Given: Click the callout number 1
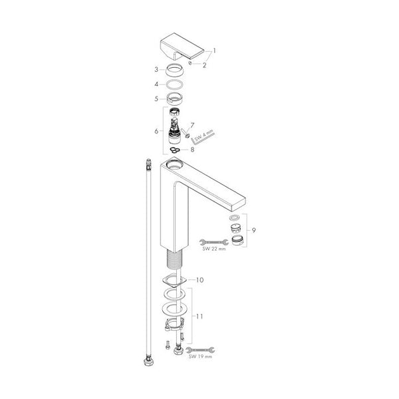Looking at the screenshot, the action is (214, 51).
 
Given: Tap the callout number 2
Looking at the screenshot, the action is (204, 65).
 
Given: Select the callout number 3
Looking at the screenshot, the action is (156, 69).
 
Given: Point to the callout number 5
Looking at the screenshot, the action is (156, 98).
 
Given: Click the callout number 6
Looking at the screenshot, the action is (156, 131).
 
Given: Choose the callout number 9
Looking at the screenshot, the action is (254, 230).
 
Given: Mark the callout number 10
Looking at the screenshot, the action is (199, 280).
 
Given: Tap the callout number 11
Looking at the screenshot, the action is (199, 317).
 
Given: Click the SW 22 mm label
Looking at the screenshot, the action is (214, 249).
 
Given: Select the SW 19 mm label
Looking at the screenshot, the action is (200, 356).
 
